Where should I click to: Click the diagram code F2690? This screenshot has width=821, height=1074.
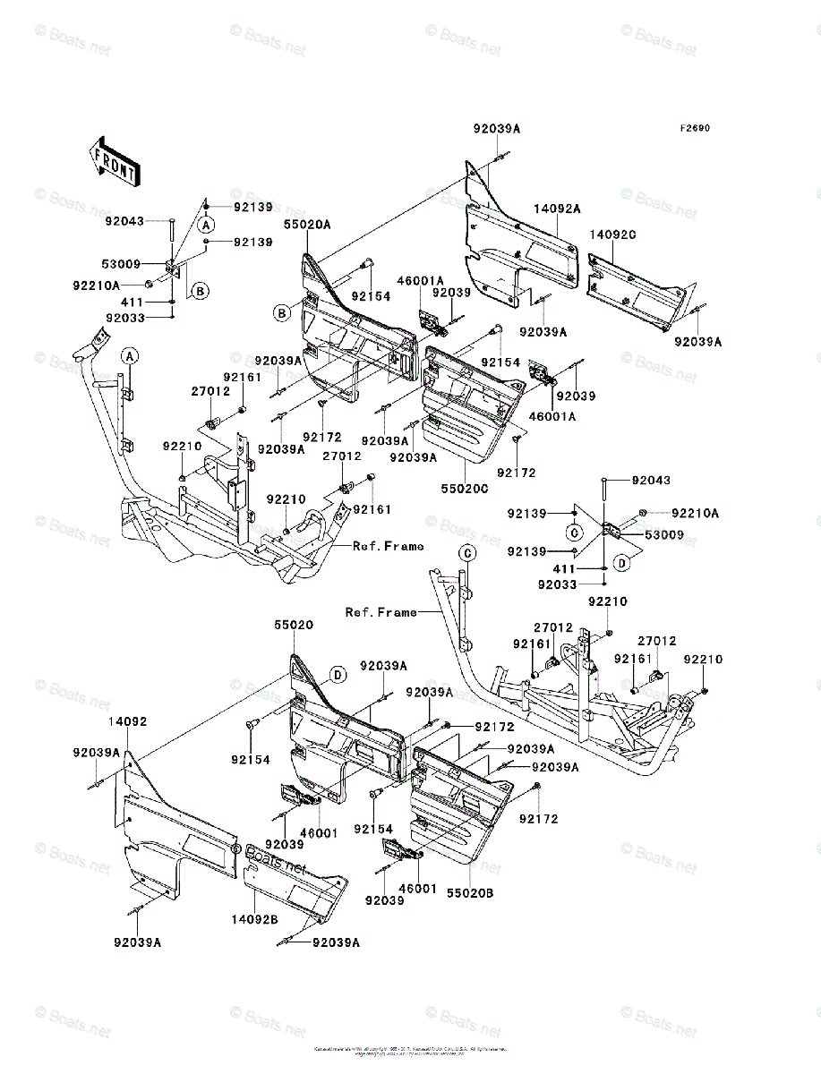(x=694, y=128)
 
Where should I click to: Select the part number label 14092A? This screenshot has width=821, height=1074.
(x=558, y=209)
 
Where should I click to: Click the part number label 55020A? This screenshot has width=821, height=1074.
(x=307, y=226)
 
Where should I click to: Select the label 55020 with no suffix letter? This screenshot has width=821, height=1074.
(x=294, y=626)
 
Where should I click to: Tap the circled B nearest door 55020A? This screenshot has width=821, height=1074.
(x=281, y=312)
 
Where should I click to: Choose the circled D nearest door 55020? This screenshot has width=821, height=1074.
(x=338, y=674)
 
